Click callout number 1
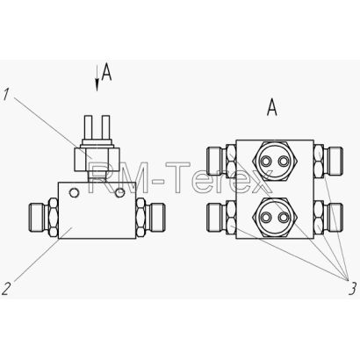pos(5,95)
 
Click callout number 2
pos(6,289)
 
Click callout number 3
pos(352,289)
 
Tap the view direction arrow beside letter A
pos(97,78)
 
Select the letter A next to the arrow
pos(106,72)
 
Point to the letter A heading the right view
pos(272,107)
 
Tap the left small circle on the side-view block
pos(74,192)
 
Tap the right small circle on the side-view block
pos(120,192)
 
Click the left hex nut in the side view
pos(53,217)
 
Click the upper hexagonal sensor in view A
pos(275,161)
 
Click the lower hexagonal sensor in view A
pos(275,217)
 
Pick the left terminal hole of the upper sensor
pos(266,161)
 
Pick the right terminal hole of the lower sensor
pos(283,217)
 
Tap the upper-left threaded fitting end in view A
pos(215,161)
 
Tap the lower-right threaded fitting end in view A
pos(335,217)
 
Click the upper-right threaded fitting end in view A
pos(335,161)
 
